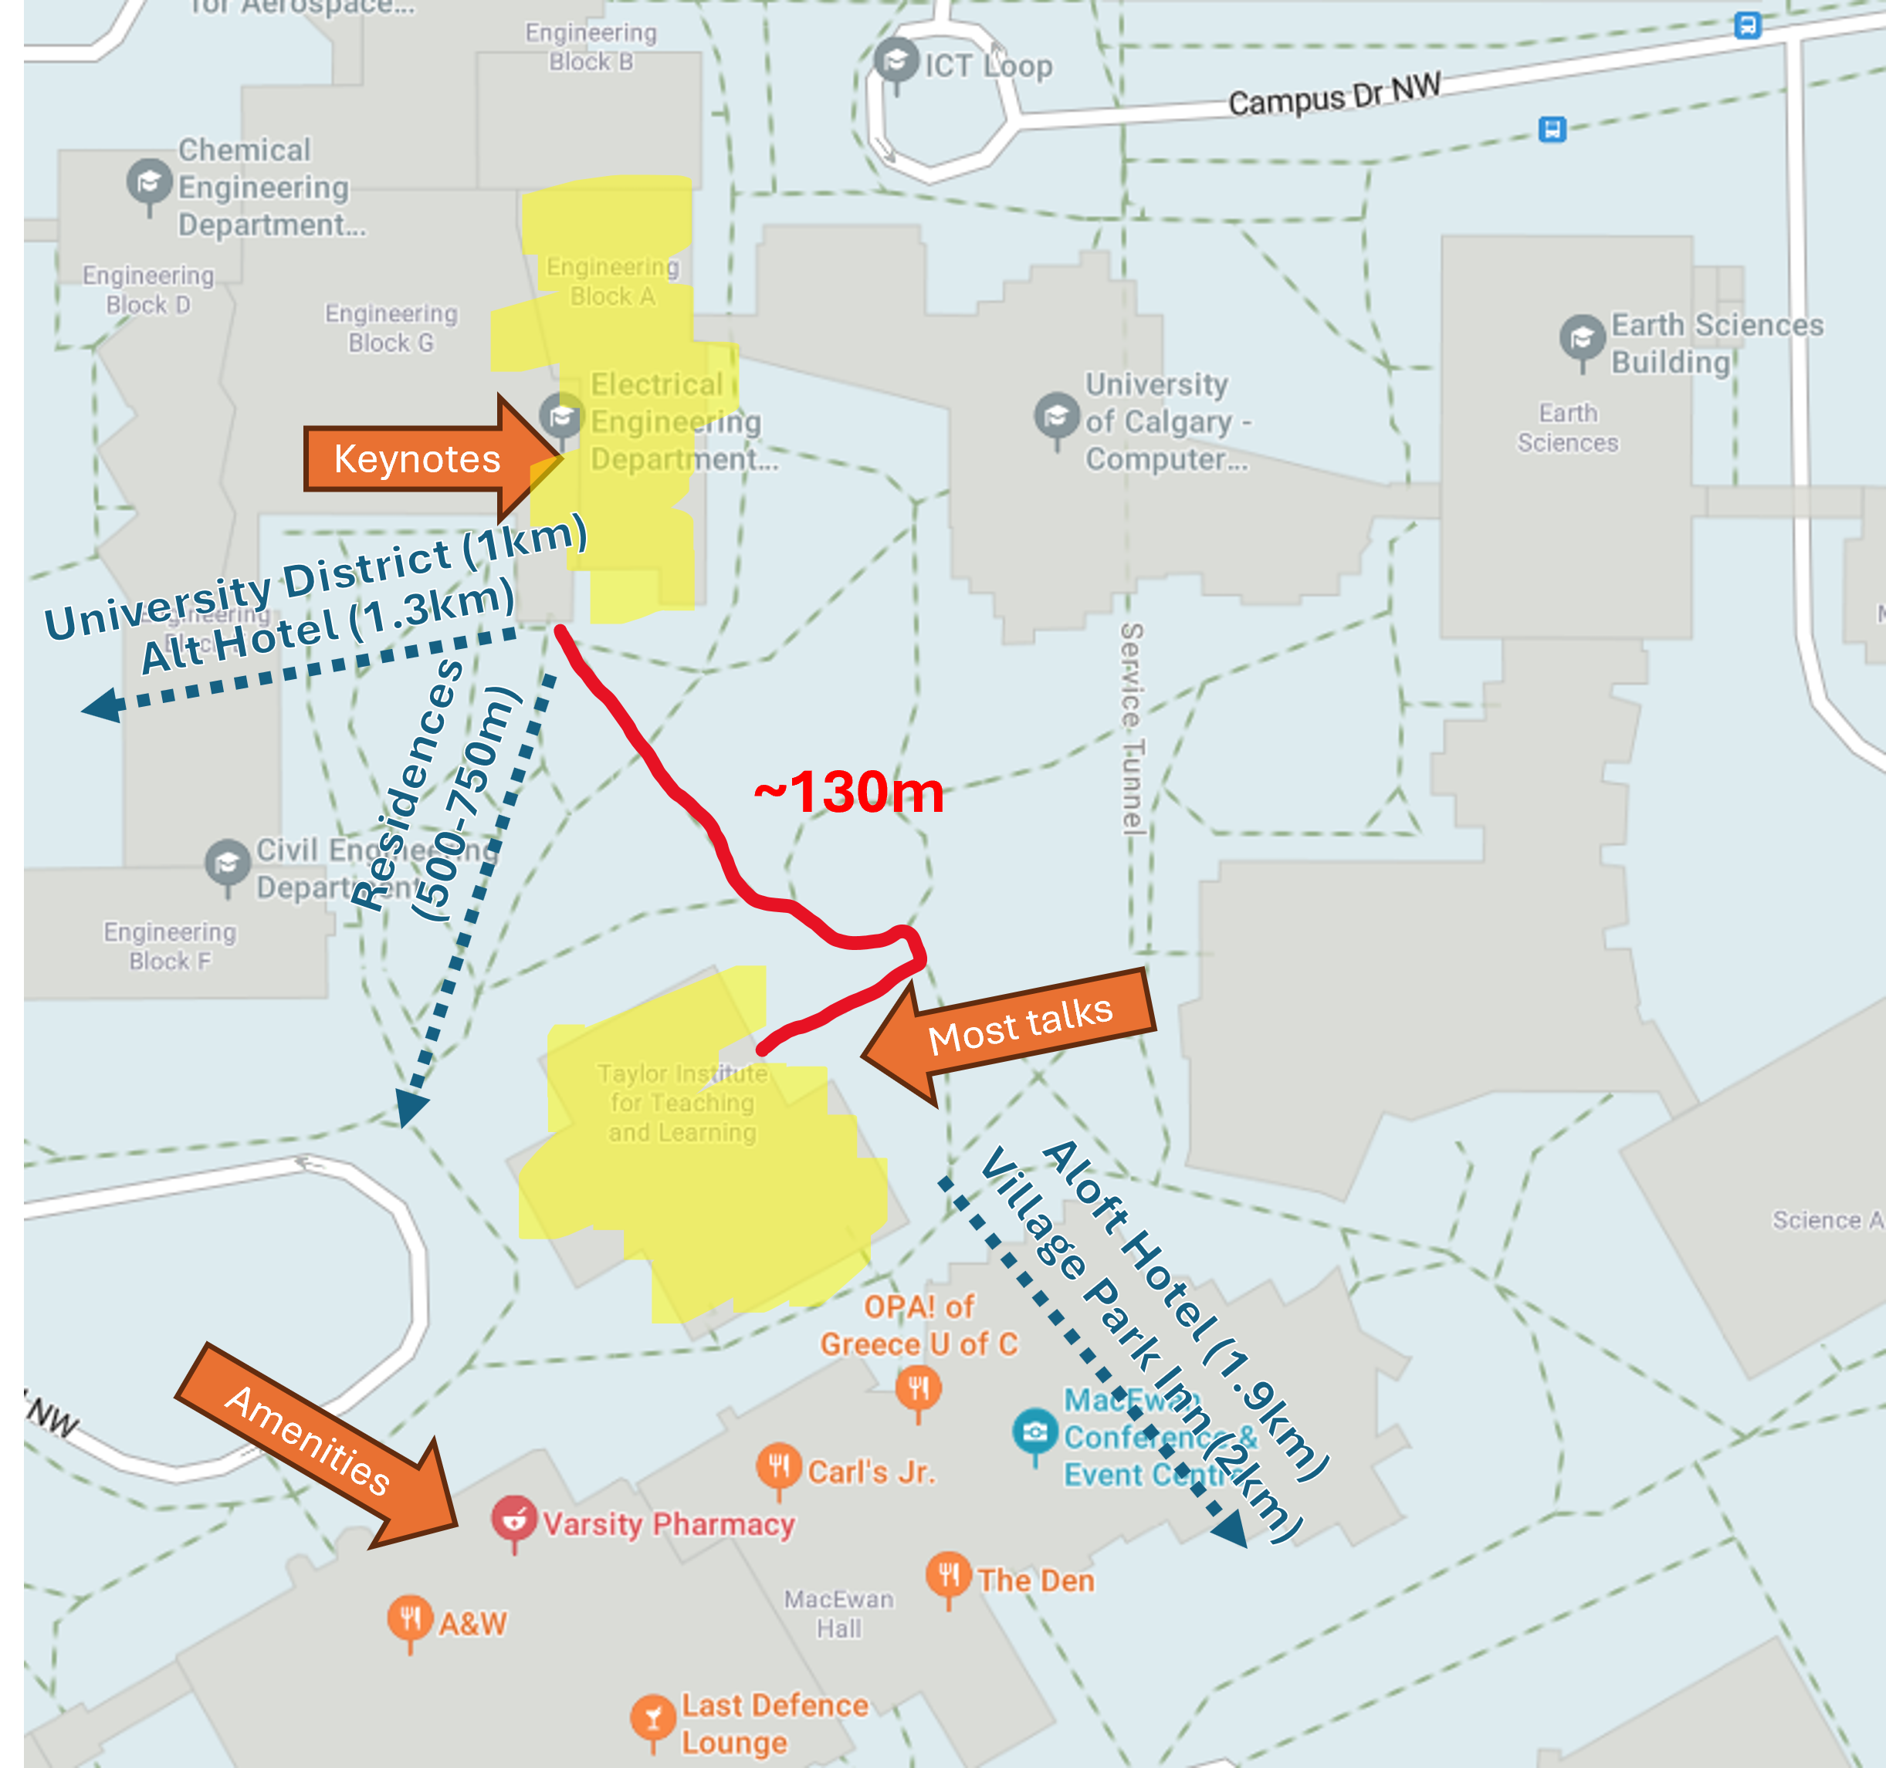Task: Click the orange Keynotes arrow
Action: pyautogui.click(x=418, y=460)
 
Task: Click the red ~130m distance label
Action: pyautogui.click(x=849, y=792)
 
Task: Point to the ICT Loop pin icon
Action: pyautogui.click(x=896, y=62)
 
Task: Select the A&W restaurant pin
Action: pyautogui.click(x=410, y=1619)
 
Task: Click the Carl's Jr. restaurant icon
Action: pyautogui.click(x=779, y=1467)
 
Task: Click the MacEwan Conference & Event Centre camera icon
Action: pyautogui.click(x=1035, y=1432)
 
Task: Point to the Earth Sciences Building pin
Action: pyautogui.click(x=1582, y=339)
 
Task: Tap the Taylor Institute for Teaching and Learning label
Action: pyautogui.click(x=682, y=1103)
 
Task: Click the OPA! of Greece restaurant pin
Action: pyautogui.click(x=917, y=1388)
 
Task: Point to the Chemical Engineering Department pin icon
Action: pyautogui.click(x=149, y=182)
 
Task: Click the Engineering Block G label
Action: pyautogui.click(x=391, y=328)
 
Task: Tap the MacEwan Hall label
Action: pyautogui.click(x=838, y=1614)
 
